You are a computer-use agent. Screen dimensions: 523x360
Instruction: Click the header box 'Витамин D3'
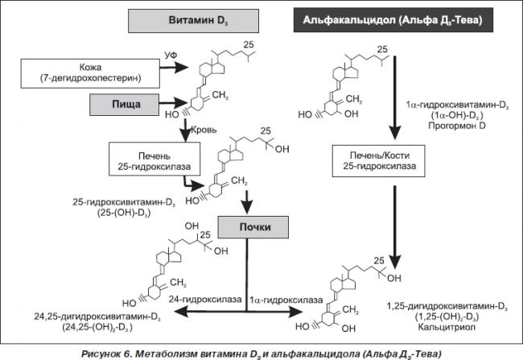coord(193,21)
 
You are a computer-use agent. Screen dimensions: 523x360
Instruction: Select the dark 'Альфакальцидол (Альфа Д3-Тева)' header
coord(393,20)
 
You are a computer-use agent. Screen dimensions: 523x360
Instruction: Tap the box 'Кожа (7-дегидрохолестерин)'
coord(90,73)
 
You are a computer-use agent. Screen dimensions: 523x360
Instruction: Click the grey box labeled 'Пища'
coord(124,105)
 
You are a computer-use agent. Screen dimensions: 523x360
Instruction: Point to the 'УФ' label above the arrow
coord(171,56)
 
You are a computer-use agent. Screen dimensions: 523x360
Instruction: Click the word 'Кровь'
coord(204,130)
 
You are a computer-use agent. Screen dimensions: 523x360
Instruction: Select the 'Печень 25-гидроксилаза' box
coord(154,159)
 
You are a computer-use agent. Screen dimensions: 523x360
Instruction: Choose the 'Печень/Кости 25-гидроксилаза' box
coord(379,160)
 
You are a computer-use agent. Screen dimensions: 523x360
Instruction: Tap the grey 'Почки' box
coord(253,227)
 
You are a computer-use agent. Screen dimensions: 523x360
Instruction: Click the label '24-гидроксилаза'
coord(205,300)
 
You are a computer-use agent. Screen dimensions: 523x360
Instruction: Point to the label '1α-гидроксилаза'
coord(286,300)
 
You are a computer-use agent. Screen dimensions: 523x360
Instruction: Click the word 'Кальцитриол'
coord(447,327)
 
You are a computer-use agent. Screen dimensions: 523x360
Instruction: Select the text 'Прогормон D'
coord(457,126)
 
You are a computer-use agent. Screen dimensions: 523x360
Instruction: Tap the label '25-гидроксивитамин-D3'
coord(124,202)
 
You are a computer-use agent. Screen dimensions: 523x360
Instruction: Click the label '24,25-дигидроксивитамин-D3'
coord(97,317)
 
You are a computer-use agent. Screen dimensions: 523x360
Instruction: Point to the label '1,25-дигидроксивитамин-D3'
coord(447,306)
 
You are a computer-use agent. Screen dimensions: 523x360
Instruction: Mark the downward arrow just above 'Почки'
coord(247,202)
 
